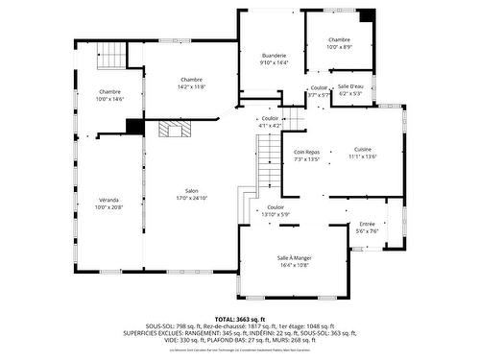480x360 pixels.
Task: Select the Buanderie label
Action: pyautogui.click(x=274, y=56)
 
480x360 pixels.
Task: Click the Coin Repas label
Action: pyautogui.click(x=307, y=152)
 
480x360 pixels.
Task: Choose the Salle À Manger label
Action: pyautogui.click(x=295, y=257)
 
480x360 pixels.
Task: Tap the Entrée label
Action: pyautogui.click(x=368, y=223)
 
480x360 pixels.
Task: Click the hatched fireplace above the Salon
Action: pyautogui.click(x=173, y=129)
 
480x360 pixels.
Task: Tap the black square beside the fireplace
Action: pyautogui.click(x=134, y=126)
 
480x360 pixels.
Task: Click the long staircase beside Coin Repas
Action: pyautogui.click(x=268, y=163)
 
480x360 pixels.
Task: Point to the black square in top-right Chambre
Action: pyautogui.click(x=366, y=16)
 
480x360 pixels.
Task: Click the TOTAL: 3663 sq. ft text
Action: pyautogui.click(x=239, y=319)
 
